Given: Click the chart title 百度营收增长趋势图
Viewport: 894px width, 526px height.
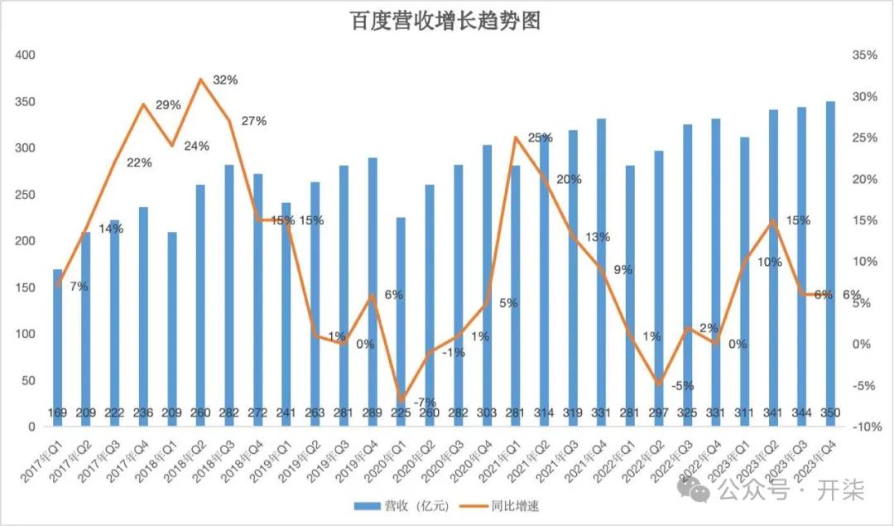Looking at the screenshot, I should (x=446, y=22).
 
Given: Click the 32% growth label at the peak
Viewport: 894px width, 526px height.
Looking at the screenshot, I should (x=226, y=80).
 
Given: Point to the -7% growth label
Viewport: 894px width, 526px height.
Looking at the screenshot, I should (x=425, y=403).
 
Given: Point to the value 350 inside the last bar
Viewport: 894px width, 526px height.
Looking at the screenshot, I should (x=830, y=412).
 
